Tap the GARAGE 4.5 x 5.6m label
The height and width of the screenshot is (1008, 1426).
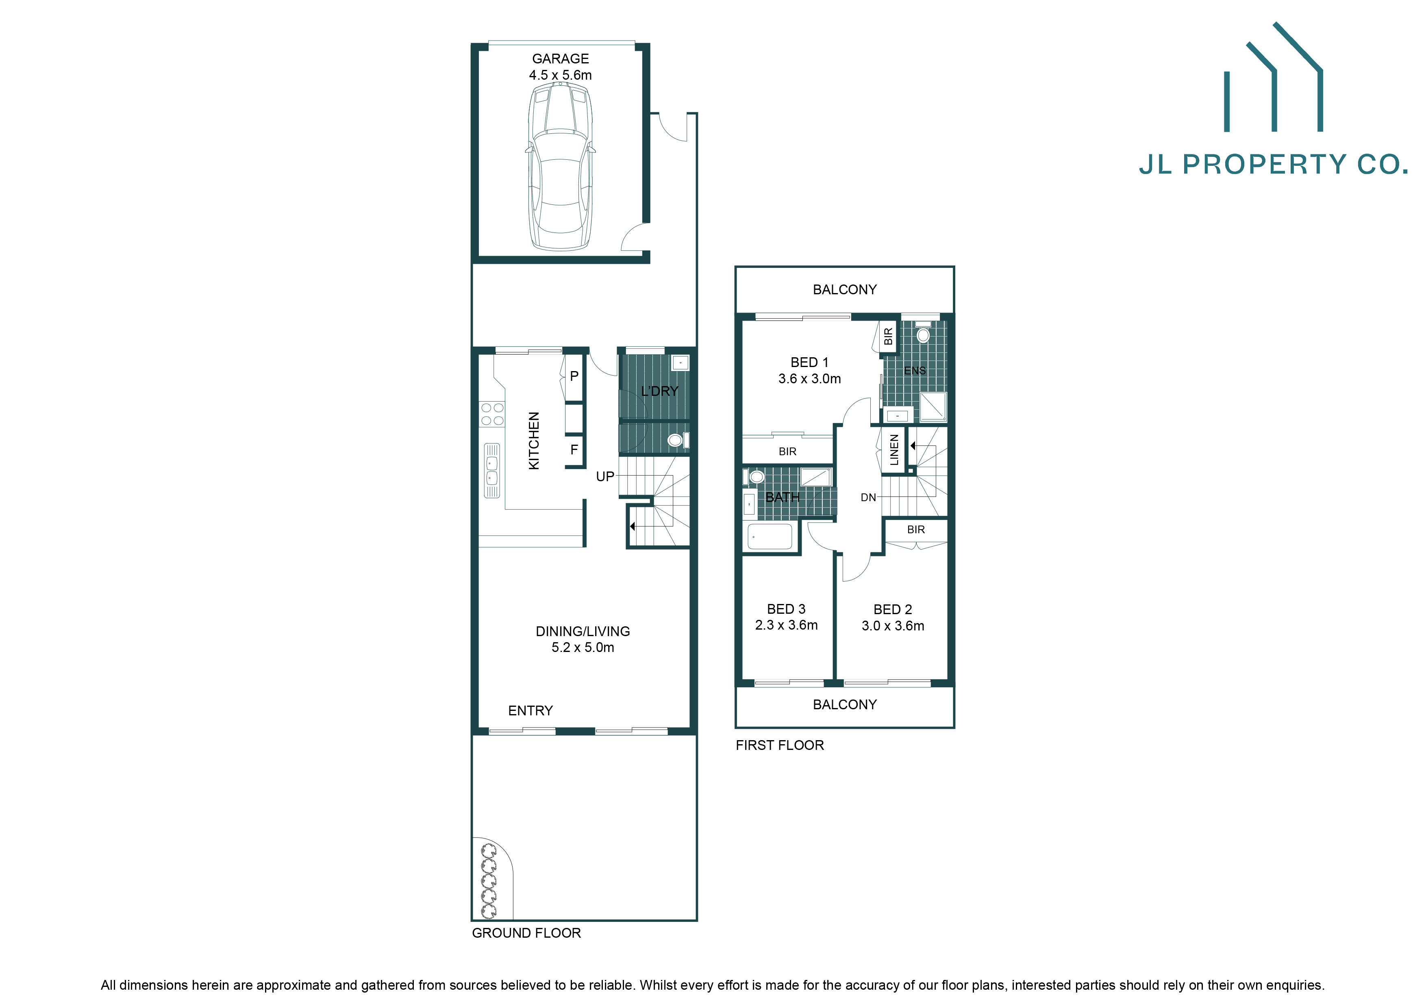click(560, 66)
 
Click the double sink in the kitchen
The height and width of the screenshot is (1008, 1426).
click(492, 470)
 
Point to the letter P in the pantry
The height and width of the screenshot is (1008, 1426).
click(574, 376)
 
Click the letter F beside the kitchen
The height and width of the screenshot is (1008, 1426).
click(574, 449)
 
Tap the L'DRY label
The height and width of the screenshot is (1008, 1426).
click(660, 391)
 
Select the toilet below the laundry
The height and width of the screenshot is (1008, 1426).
click(676, 440)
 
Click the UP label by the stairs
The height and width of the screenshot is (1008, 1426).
click(605, 476)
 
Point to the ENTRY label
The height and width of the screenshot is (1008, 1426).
click(530, 710)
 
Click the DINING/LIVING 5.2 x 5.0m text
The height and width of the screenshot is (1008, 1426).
click(583, 639)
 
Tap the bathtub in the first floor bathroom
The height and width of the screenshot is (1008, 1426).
click(770, 536)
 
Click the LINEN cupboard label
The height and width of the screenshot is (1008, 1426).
click(894, 450)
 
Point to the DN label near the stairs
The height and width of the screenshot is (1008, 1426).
click(868, 497)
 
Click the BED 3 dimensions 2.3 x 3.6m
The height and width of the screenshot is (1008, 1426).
click(786, 626)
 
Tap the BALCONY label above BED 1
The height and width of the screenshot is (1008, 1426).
click(845, 289)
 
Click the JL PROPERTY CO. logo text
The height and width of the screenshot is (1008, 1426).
click(1273, 165)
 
